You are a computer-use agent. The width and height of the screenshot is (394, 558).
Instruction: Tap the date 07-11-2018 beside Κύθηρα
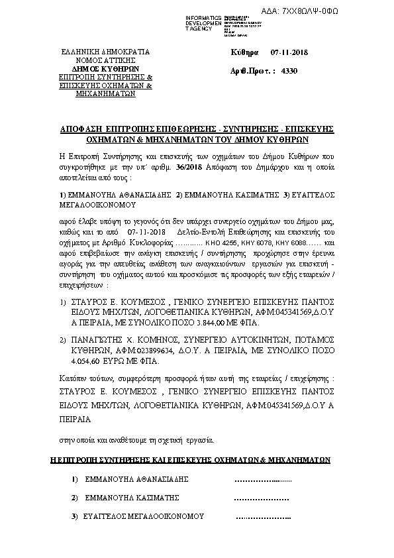pos(285,52)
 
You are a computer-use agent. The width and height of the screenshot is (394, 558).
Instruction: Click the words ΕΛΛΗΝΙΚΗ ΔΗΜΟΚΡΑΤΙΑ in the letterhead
pos(106,52)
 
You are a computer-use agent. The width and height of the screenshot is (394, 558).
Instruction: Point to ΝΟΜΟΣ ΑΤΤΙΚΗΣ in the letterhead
pos(106,60)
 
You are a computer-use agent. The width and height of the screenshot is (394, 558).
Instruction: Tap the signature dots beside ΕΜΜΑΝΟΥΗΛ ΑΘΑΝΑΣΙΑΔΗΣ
pos(262,479)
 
